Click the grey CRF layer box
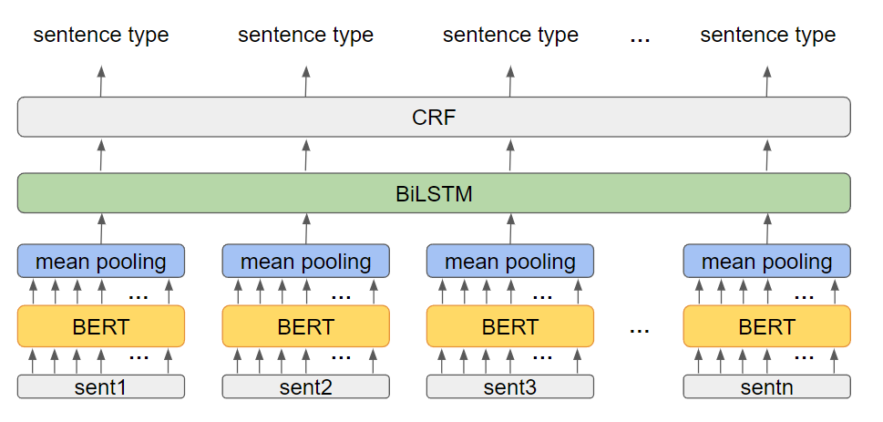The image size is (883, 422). click(x=434, y=118)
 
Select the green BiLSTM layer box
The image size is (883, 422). click(x=434, y=193)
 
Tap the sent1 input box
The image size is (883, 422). click(x=101, y=386)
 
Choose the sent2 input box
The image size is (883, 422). click(x=305, y=386)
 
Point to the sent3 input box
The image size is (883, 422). click(x=510, y=386)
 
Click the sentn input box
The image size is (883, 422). click(x=766, y=386)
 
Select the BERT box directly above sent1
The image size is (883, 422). click(x=101, y=326)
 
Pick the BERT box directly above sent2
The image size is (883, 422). click(x=305, y=326)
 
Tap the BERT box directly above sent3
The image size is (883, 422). click(x=510, y=326)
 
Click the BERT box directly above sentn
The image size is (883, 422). click(x=766, y=326)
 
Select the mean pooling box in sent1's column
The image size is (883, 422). click(x=101, y=262)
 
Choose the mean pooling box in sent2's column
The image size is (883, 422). click(x=305, y=262)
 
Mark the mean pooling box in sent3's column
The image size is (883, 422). click(x=510, y=262)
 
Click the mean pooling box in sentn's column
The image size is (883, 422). click(x=766, y=262)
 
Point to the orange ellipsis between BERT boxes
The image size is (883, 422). click(x=639, y=329)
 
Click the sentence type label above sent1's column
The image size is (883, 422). click(x=101, y=36)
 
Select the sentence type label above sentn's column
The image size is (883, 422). click(x=767, y=36)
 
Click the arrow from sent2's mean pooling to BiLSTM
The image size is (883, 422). click(x=305, y=229)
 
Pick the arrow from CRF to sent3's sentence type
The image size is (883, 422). click(x=510, y=81)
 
